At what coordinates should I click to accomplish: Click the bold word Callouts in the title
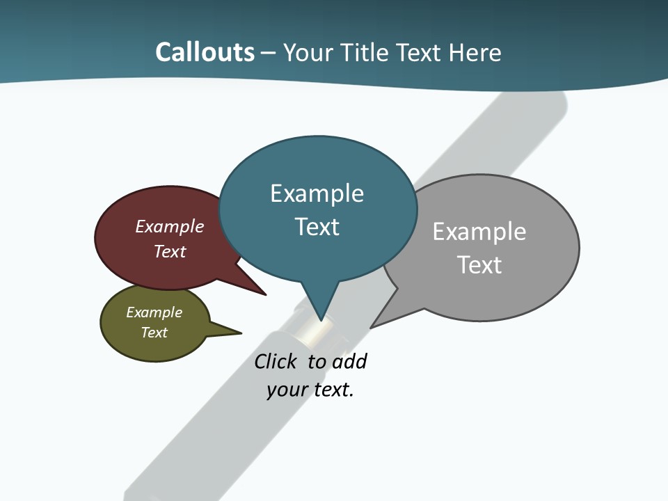205,52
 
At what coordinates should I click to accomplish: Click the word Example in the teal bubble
317,193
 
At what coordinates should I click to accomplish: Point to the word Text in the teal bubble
317,227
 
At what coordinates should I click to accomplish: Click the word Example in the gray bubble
479,232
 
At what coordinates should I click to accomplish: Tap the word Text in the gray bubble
479,265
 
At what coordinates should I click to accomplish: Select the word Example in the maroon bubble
170,227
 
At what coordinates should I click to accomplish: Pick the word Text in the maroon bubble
170,251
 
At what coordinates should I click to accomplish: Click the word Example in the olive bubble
154,312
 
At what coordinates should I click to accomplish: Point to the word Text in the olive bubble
154,333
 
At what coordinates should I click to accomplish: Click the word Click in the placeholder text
275,362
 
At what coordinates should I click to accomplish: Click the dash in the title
269,53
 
